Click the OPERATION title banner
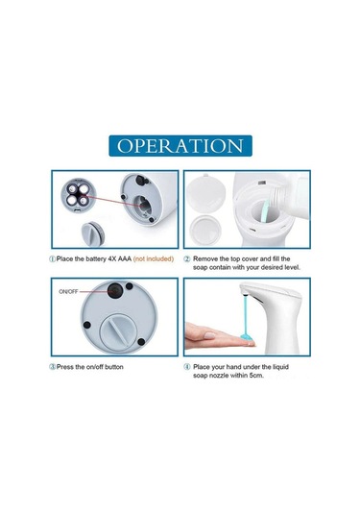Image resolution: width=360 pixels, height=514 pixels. point(180,145)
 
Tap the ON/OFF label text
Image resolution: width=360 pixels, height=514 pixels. point(69,290)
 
